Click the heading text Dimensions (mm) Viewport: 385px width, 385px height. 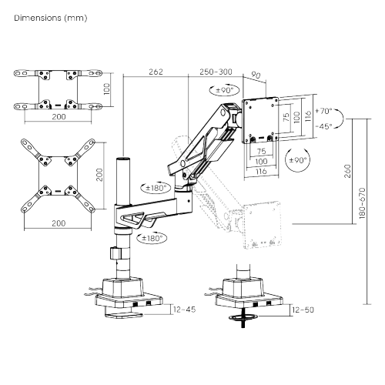click(51, 18)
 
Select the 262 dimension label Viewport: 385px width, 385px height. click(156, 72)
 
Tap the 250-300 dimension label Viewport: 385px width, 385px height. click(216, 72)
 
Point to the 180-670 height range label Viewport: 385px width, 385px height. click(362, 203)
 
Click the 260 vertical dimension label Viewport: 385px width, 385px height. click(347, 171)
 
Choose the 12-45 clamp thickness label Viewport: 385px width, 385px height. click(184, 310)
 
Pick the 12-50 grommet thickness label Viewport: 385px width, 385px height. click(303, 310)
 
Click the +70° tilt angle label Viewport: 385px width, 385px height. click(323, 111)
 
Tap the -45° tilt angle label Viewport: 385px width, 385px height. click(323, 126)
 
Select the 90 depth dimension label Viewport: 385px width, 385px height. click(256, 75)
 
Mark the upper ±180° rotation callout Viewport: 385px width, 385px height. click(156, 188)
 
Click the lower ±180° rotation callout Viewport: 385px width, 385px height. click(152, 238)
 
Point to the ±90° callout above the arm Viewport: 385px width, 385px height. click(225, 90)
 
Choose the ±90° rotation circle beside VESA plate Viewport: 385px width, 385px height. click(298, 160)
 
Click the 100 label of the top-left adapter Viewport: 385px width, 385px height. click(107, 89)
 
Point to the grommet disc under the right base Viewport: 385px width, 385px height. click(243, 318)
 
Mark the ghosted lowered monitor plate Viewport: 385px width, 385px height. click(262, 226)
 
